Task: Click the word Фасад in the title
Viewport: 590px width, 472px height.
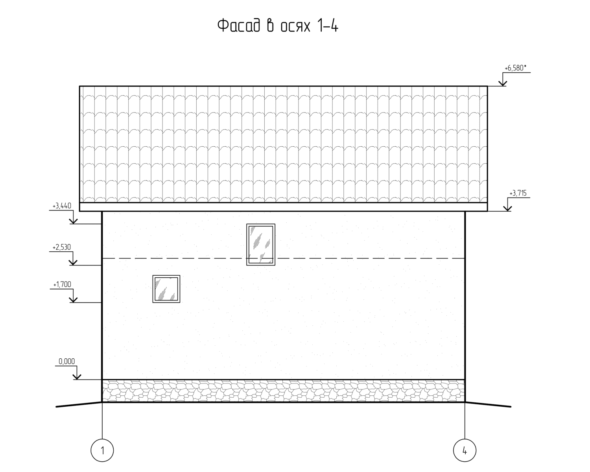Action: (238, 26)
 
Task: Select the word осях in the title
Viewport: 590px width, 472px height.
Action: (295, 27)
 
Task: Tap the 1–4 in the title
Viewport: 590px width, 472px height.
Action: (328, 26)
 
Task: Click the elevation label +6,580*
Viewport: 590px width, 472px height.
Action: (515, 68)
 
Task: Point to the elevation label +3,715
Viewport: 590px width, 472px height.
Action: (518, 194)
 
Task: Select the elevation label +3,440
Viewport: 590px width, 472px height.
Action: (62, 206)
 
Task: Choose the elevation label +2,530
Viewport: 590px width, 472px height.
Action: (62, 247)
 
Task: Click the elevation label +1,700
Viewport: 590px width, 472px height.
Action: (62, 284)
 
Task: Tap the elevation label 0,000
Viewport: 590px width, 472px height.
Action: (66, 361)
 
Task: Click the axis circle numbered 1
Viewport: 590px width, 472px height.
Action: (102, 439)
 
